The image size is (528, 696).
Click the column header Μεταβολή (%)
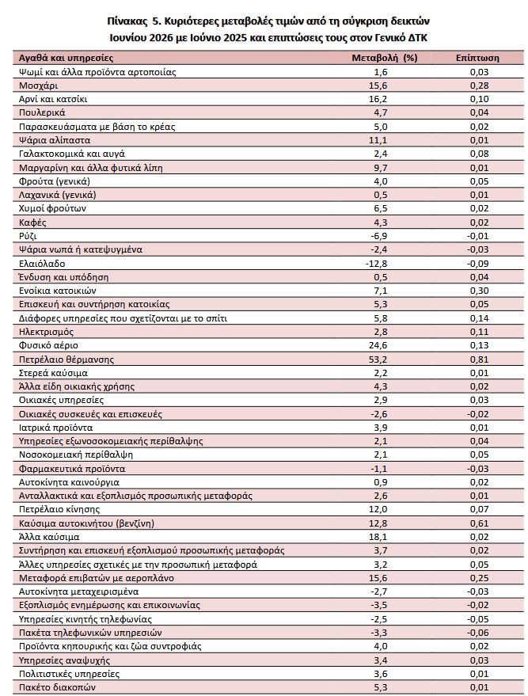pyautogui.click(x=384, y=58)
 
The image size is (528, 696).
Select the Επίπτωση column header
pyautogui.click(x=477, y=58)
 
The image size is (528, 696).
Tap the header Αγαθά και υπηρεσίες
pyautogui.click(x=66, y=58)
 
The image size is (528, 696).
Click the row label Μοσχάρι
pyautogui.click(x=38, y=86)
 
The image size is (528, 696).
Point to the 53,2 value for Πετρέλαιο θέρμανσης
pyautogui.click(x=378, y=359)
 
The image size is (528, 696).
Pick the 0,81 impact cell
pyautogui.click(x=479, y=359)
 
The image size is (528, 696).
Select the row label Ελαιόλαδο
pyautogui.click(x=42, y=264)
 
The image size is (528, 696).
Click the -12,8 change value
pyautogui.click(x=376, y=264)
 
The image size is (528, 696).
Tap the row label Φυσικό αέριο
pyautogui.click(x=48, y=345)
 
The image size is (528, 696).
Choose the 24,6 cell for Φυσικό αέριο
pyautogui.click(x=378, y=345)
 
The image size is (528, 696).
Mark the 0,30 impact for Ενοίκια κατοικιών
pyautogui.click(x=479, y=291)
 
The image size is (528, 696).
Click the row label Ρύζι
pyautogui.click(x=28, y=236)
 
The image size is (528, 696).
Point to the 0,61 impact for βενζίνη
pyautogui.click(x=479, y=523)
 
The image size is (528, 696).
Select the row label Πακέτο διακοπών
pyautogui.click(x=57, y=687)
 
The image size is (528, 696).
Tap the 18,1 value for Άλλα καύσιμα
pyautogui.click(x=378, y=537)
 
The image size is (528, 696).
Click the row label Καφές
pyautogui.click(x=32, y=222)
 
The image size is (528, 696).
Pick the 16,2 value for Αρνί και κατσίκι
pyautogui.click(x=378, y=99)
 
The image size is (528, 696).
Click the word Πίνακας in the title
pyautogui.click(x=127, y=21)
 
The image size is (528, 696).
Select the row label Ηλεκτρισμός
pyautogui.click(x=46, y=332)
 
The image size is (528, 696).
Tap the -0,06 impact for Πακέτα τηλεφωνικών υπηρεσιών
pyautogui.click(x=478, y=633)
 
